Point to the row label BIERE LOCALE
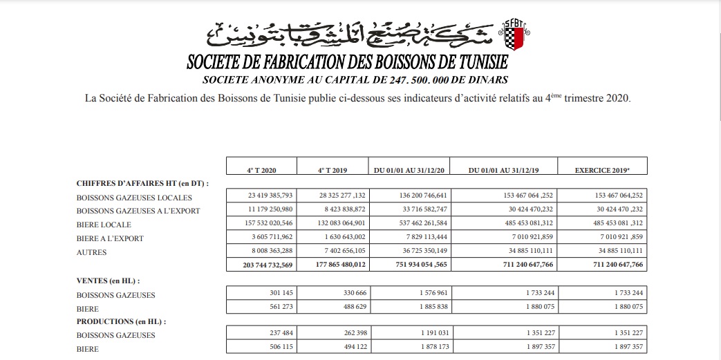tap(104, 225)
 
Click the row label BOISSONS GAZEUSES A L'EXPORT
tap(138, 211)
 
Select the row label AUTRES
tap(92, 252)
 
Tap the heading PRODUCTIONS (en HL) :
tap(121, 322)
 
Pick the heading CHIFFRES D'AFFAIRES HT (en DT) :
tap(142, 183)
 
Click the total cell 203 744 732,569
tap(262, 265)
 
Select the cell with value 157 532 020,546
tap(262, 224)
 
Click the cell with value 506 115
tap(262, 348)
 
